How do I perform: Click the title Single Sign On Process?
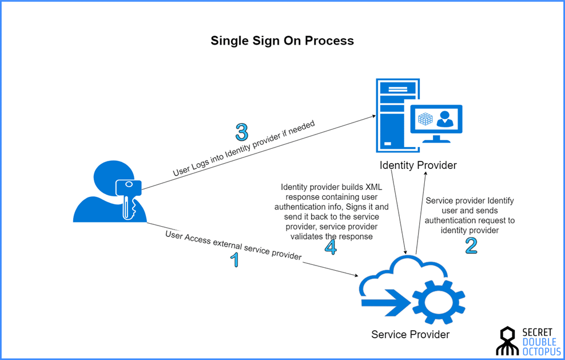282,41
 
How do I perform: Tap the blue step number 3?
242,132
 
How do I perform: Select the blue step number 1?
234,260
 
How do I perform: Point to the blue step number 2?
471,245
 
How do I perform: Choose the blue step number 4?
331,247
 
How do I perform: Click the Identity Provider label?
418,165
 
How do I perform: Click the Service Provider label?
410,334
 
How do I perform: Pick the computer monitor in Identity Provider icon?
436,121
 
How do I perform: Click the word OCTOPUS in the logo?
542,352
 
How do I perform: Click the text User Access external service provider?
233,246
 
